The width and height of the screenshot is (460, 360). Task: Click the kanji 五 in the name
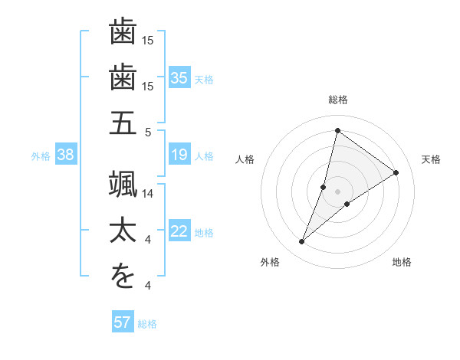pyautogui.click(x=123, y=123)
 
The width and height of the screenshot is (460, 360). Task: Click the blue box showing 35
pyautogui.click(x=179, y=78)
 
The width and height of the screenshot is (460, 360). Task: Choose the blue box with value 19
pyautogui.click(x=179, y=155)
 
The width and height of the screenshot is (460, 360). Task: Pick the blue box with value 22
pyautogui.click(x=179, y=232)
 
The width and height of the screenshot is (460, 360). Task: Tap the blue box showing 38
pyautogui.click(x=66, y=155)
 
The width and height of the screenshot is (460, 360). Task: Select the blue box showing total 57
pyautogui.click(x=123, y=322)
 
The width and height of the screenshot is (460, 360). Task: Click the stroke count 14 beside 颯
pyautogui.click(x=149, y=194)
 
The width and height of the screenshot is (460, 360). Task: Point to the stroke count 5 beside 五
pyautogui.click(x=147, y=132)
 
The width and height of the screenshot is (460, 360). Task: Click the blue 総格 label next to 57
pyautogui.click(x=148, y=323)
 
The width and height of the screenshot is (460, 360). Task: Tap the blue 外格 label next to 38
pyautogui.click(x=41, y=156)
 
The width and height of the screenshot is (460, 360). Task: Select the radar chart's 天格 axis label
pyautogui.click(x=431, y=159)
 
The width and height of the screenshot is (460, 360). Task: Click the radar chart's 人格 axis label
pyautogui.click(x=245, y=159)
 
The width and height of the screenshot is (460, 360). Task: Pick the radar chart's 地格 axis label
pyautogui.click(x=402, y=262)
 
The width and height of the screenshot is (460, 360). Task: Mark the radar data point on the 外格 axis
pyautogui.click(x=302, y=242)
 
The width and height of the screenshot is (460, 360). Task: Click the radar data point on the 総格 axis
pyautogui.click(x=337, y=130)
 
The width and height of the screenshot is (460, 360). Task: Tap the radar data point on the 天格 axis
pyautogui.click(x=396, y=173)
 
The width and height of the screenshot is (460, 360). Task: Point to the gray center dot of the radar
pyautogui.click(x=337, y=191)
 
